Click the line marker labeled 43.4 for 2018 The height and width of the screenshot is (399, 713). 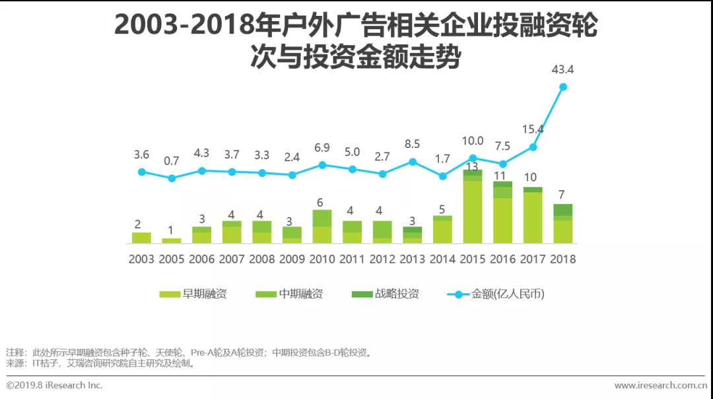point(563,87)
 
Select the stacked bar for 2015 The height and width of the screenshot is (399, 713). point(472,207)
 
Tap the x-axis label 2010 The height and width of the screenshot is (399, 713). point(322,259)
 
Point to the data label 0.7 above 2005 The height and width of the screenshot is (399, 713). point(172,161)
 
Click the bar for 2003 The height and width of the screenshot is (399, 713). point(141,238)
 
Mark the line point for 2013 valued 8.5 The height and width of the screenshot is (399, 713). point(413,161)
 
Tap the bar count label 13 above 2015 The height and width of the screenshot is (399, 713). point(472,166)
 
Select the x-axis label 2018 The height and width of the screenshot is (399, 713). point(562,259)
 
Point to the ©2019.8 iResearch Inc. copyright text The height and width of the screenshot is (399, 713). point(55,385)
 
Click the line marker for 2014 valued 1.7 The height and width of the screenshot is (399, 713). point(443,176)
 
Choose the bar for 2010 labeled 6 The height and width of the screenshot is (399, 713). point(322,227)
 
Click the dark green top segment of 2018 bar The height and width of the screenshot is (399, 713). point(562,209)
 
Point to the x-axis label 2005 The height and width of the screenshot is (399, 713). point(172,259)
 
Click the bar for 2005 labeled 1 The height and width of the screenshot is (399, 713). point(172,240)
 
